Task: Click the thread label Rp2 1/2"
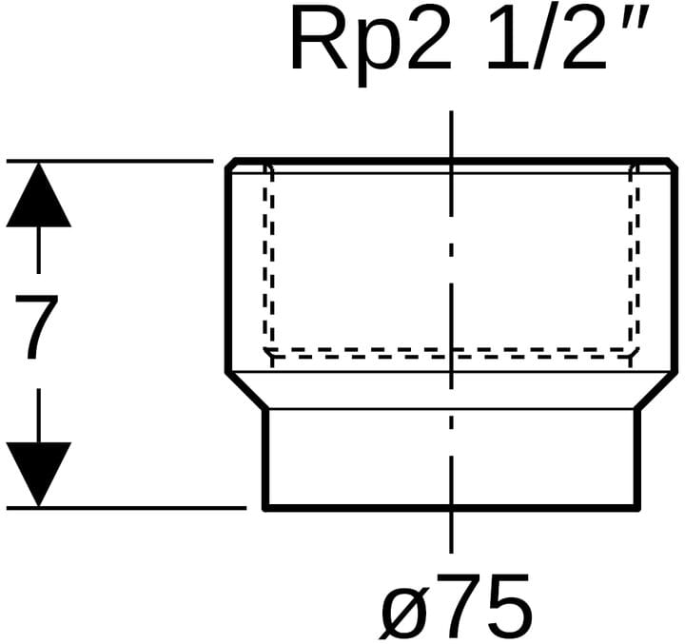[x=470, y=39]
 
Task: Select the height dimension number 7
[x=38, y=327]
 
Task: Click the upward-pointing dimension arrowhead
[x=38, y=194]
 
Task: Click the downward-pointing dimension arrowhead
[x=38, y=473]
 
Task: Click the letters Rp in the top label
[x=337, y=41]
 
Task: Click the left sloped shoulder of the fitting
[x=245, y=390]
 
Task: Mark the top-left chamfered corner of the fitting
[x=230, y=166]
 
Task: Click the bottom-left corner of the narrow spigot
[x=264, y=507]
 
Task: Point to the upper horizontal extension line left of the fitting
[x=114, y=161]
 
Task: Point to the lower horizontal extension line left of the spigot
[x=133, y=508]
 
